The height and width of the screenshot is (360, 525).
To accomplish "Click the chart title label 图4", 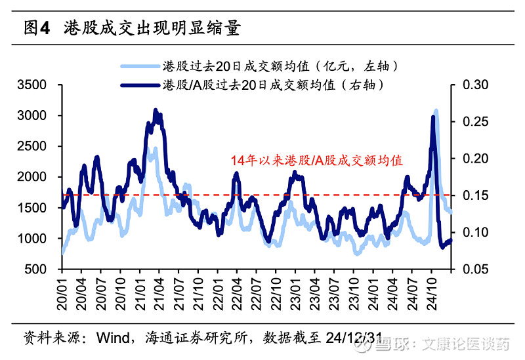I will click(37, 28).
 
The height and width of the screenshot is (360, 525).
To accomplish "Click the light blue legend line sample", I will click(140, 66).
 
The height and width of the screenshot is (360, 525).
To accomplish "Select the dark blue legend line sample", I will click(140, 85).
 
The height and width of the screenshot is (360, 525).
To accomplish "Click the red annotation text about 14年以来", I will click(316, 160).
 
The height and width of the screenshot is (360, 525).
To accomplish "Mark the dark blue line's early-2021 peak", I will click(156, 111).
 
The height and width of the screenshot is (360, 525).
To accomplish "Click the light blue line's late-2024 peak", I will click(436, 111).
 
